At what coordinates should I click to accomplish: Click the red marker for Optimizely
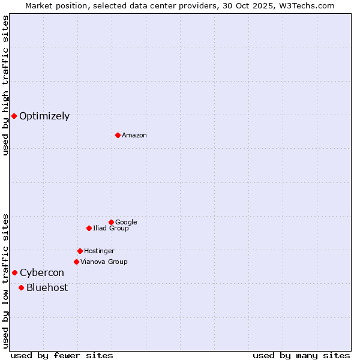point(14,116)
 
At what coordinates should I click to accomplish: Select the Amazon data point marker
point(118,135)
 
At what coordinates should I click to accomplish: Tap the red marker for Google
point(111,222)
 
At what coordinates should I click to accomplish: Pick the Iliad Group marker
point(89,228)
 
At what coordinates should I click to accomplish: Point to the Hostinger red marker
point(80,251)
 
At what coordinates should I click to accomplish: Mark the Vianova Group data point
point(76,262)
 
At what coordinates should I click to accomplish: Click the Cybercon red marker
point(14,272)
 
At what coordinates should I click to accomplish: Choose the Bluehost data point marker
point(21,287)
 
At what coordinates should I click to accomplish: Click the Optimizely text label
point(44,116)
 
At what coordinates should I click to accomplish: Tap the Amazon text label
point(134,136)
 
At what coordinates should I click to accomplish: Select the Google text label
point(126,223)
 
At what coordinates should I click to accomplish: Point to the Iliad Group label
point(111,229)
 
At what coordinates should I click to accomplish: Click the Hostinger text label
point(99,251)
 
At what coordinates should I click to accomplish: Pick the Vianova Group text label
point(104,262)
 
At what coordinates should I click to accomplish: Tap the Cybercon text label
point(42,273)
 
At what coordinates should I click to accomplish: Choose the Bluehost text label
point(47,288)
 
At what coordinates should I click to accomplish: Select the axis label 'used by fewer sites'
point(62,355)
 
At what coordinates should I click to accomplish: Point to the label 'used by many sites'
point(301,355)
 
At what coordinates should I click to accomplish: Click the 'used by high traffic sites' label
point(5,85)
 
